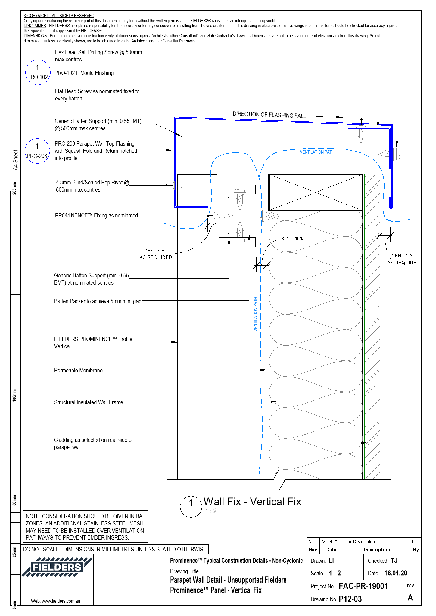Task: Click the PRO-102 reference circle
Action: click(x=37, y=72)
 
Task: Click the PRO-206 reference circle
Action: click(x=37, y=151)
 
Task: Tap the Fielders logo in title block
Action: click(x=57, y=567)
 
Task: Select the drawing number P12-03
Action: click(x=350, y=599)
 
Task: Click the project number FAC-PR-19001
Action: click(x=363, y=586)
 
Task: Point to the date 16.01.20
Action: click(x=395, y=573)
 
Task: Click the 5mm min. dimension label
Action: click(x=292, y=238)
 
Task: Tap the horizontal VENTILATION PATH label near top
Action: click(x=317, y=152)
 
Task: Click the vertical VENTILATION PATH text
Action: click(x=255, y=314)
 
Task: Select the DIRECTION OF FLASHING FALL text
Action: click(x=269, y=115)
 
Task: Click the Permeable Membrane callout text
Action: click(x=78, y=371)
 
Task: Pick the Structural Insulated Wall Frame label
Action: click(x=89, y=402)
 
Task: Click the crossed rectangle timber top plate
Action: click(x=315, y=192)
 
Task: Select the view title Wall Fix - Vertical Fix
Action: click(x=252, y=502)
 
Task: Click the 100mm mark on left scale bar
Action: click(x=14, y=394)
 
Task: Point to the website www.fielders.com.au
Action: click(x=55, y=601)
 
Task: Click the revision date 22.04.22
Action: click(x=329, y=541)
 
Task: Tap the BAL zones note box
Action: click(x=86, y=527)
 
